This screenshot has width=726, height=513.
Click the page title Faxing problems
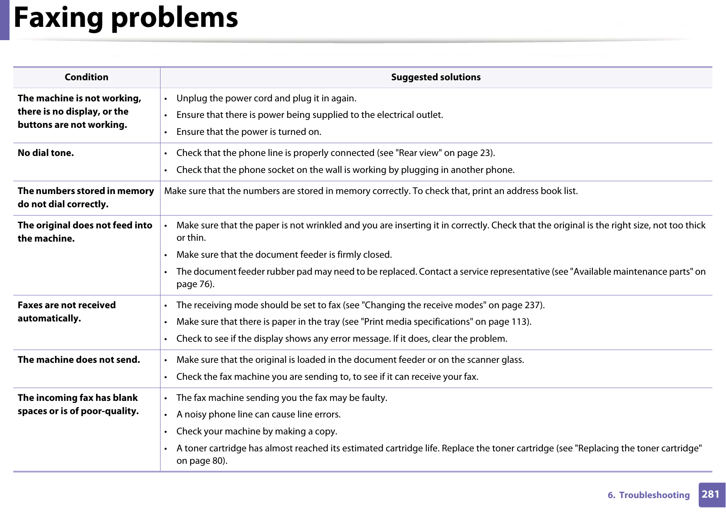(x=126, y=18)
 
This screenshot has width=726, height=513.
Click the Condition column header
(x=86, y=77)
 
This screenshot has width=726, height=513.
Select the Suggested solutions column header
(x=436, y=77)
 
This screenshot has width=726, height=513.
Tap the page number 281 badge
(x=711, y=494)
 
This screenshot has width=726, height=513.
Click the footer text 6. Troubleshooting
(x=648, y=495)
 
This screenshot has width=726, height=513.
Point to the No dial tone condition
(x=46, y=153)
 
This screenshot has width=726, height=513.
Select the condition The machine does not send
(x=79, y=360)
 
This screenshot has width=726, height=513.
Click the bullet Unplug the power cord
(x=266, y=98)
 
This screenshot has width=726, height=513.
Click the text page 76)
(x=195, y=284)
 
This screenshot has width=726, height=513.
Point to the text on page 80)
(x=202, y=461)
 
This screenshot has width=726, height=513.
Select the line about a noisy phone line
(x=258, y=415)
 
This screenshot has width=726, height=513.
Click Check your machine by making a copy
(x=256, y=431)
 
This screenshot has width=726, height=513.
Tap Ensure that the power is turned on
(x=249, y=132)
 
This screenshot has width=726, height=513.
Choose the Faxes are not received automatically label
(x=67, y=312)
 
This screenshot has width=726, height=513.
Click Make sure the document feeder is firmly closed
(x=284, y=255)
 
